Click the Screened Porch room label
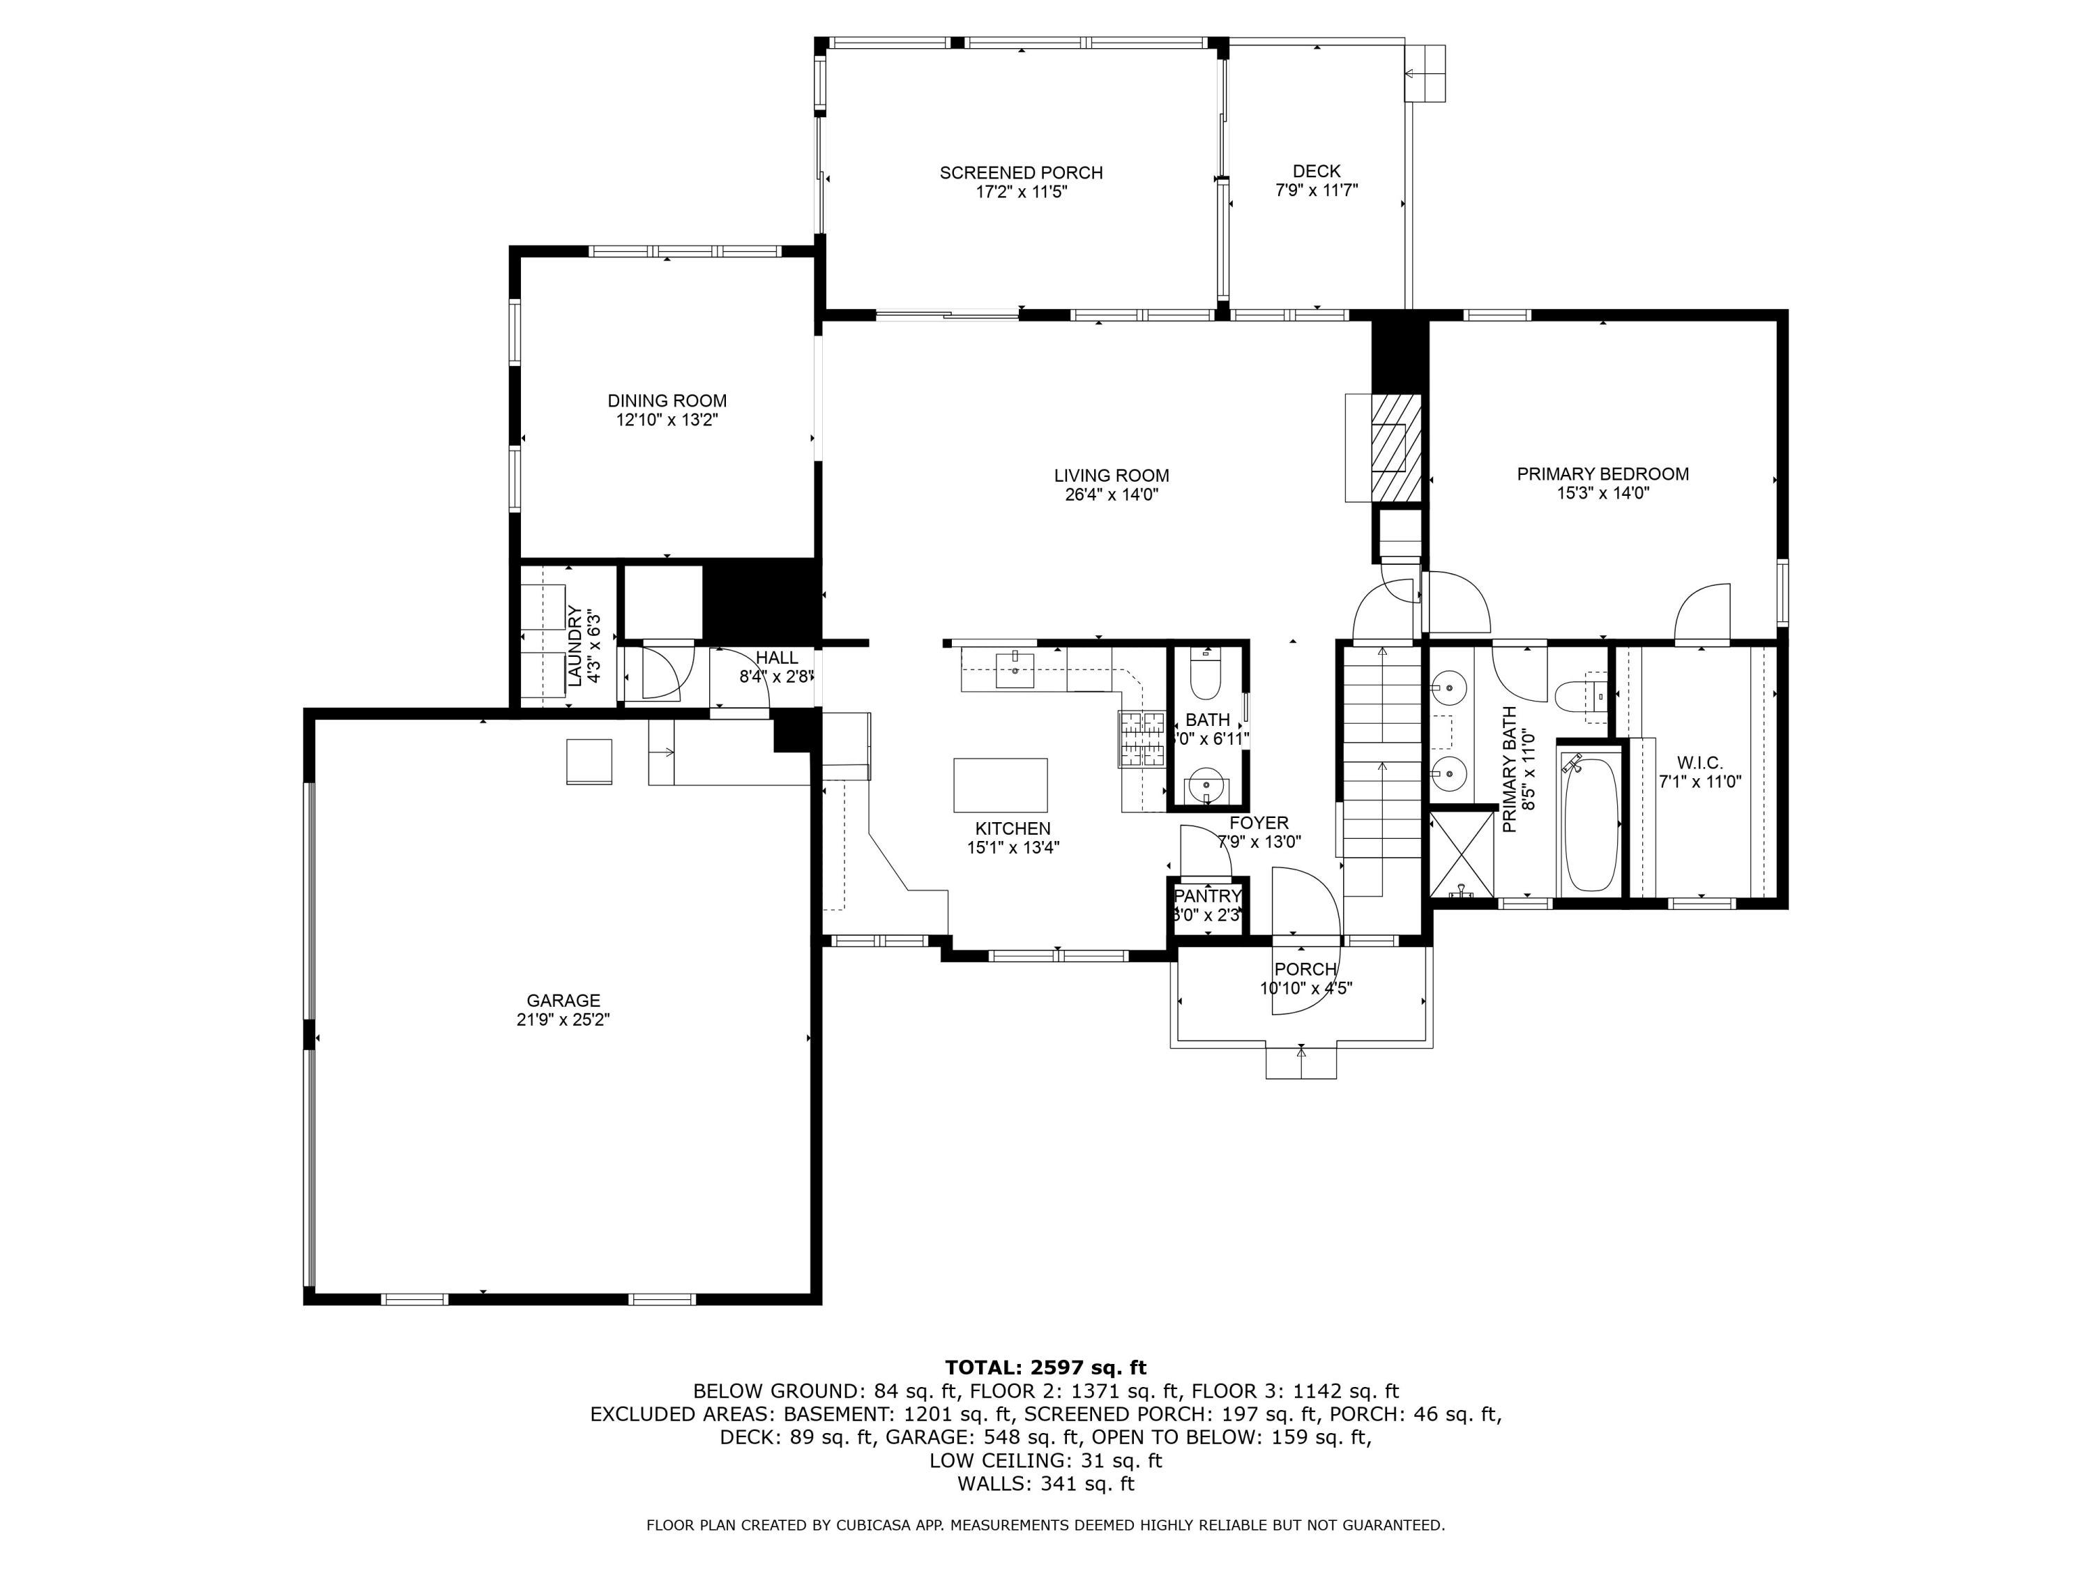(1020, 173)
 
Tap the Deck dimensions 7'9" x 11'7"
(1317, 190)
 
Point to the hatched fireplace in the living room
(1396, 448)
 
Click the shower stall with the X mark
(1461, 854)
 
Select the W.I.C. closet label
(1699, 762)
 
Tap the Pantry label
(1208, 895)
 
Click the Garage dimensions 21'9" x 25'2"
(563, 1020)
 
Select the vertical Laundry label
(574, 645)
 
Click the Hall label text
(776, 658)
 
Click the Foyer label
(1258, 824)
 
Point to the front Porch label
(1305, 969)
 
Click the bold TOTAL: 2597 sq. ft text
(1045, 1367)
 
